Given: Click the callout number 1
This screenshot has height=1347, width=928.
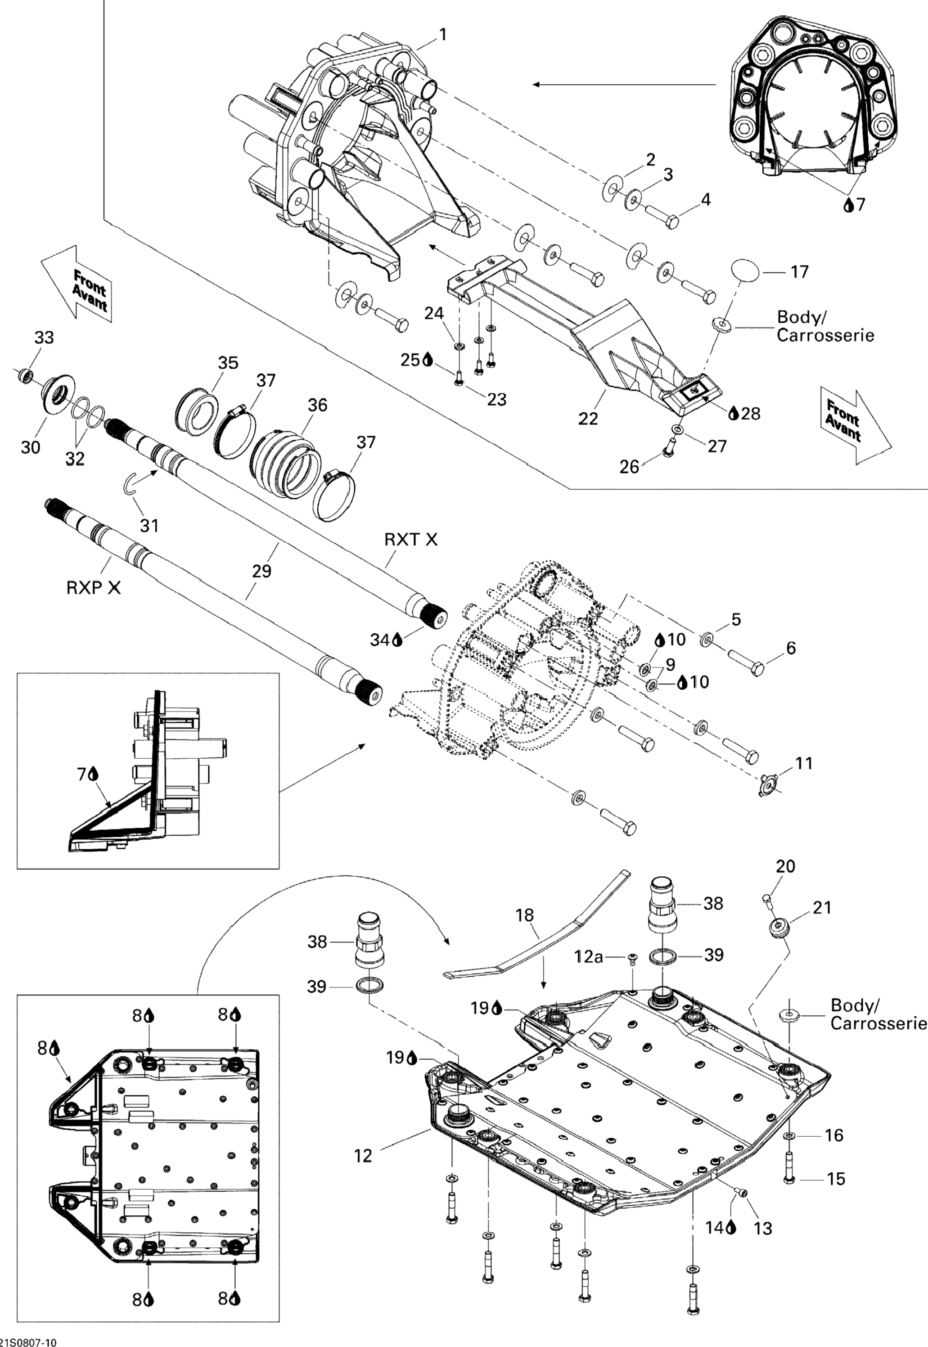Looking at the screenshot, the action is [443, 35].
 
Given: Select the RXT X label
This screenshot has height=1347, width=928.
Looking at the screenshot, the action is [410, 540].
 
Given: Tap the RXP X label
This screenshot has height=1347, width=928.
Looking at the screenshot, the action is [94, 588].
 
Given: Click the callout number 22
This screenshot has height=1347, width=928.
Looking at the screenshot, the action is [588, 419].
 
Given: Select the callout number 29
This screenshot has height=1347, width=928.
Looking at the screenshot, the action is [261, 571].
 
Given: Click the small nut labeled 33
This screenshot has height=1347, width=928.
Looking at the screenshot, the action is [24, 377].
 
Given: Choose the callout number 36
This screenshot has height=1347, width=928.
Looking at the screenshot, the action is [317, 405].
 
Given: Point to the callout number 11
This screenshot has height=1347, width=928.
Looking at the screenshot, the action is [804, 763].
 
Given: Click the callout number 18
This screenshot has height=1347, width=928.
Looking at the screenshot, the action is [524, 915].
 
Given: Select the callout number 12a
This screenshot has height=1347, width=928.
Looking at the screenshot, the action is [588, 956].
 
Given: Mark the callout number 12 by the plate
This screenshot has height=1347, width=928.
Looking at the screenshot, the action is [363, 1156].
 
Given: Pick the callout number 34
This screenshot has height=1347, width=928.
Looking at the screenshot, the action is [380, 640].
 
